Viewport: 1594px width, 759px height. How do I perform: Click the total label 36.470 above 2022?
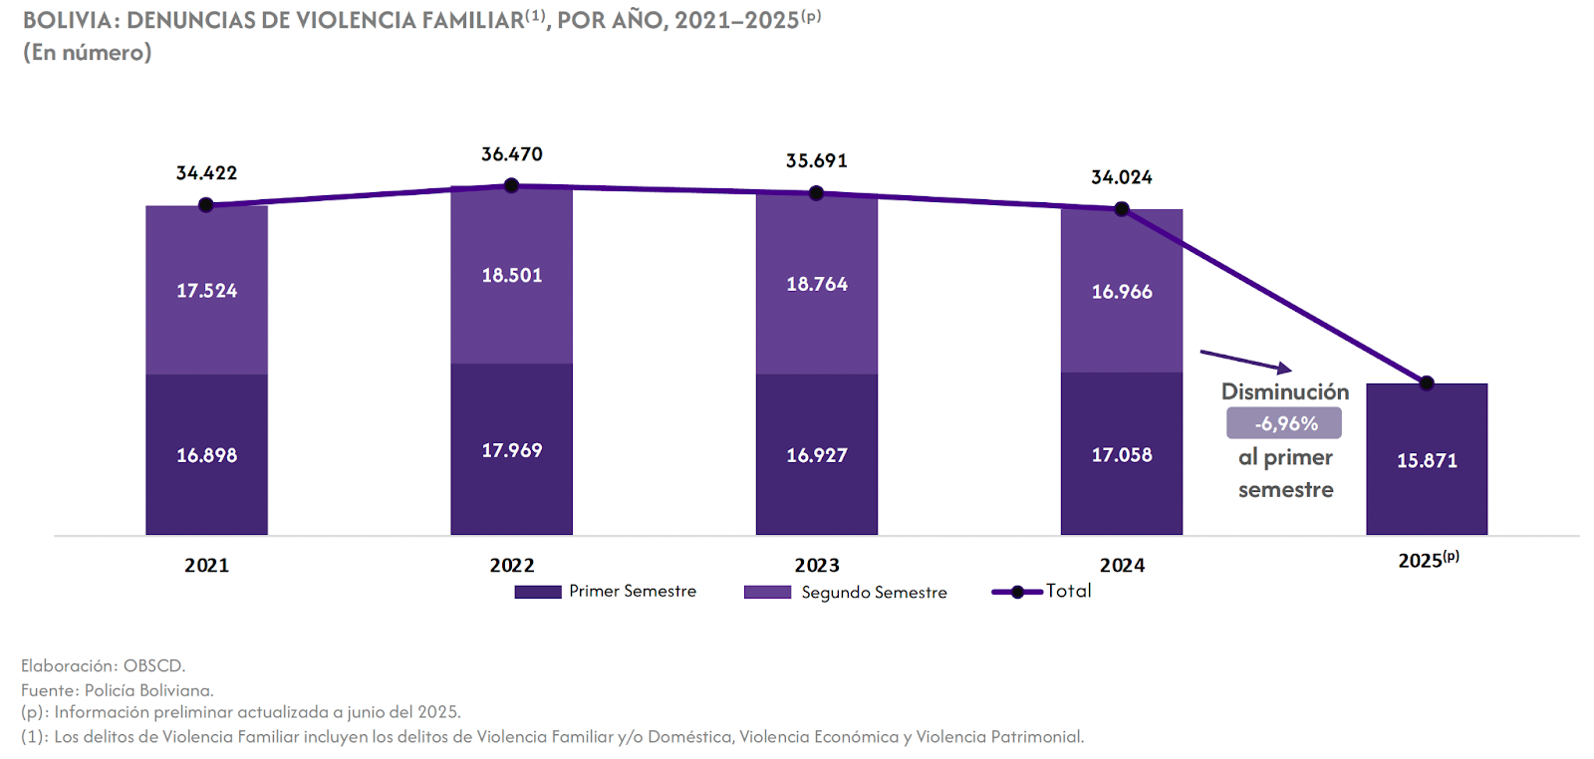pos(511,154)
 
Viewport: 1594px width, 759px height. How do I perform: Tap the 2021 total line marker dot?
pos(206,205)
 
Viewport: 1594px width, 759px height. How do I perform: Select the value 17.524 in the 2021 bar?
pos(206,291)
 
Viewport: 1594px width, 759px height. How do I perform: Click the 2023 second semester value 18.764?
pos(817,284)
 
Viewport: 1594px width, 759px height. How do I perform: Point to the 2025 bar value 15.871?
pos(1427,460)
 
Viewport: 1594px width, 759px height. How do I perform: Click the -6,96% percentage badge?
pos(1284,423)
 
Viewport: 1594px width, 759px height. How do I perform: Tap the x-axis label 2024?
pos(1122,565)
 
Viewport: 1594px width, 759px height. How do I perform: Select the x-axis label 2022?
pos(512,565)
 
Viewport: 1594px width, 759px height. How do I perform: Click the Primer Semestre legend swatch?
pos(538,592)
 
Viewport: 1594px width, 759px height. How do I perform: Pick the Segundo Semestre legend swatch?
pos(767,592)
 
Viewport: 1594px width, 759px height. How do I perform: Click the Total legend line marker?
pos(1017,592)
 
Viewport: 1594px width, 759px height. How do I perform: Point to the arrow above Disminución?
pos(1245,361)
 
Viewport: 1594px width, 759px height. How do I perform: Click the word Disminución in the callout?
pos(1285,391)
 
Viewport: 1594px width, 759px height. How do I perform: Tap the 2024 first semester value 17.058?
pos(1122,455)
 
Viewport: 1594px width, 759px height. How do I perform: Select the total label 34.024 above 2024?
pos(1122,177)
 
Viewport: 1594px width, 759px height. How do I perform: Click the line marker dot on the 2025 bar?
pos(1427,383)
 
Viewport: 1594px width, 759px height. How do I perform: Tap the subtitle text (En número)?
pos(88,52)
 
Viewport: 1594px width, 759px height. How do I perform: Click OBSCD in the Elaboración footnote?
pos(154,665)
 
